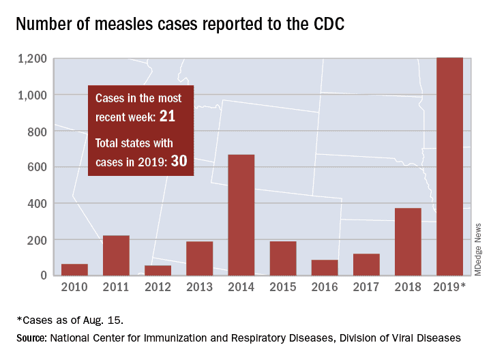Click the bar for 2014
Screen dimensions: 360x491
pos(241,215)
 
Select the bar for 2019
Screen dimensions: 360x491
pos(449,166)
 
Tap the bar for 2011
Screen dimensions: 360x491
pos(116,255)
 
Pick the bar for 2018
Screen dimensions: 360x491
pos(408,241)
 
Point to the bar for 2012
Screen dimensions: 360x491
pos(158,270)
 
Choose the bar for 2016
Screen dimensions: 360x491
pos(325,267)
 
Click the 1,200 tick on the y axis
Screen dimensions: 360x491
pos(32,59)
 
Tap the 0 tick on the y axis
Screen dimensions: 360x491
pos(43,275)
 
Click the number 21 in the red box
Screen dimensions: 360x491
pos(168,117)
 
